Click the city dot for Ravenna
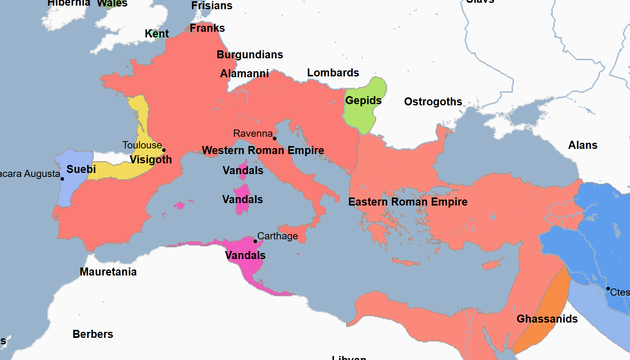click(275, 138)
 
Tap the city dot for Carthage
click(255, 241)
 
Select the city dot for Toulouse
click(164, 150)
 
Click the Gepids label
click(363, 101)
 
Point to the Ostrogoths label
click(433, 102)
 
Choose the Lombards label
click(333, 73)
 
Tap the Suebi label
click(81, 169)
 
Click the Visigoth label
click(150, 160)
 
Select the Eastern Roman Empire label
click(408, 202)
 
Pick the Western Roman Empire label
click(263, 150)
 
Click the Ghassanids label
click(547, 319)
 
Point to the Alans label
click(583, 145)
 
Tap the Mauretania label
click(108, 272)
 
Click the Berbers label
click(93, 334)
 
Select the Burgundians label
click(249, 55)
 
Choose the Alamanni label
click(244, 74)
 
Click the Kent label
click(156, 34)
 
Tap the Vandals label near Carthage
click(245, 255)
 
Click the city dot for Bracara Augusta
click(62, 179)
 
